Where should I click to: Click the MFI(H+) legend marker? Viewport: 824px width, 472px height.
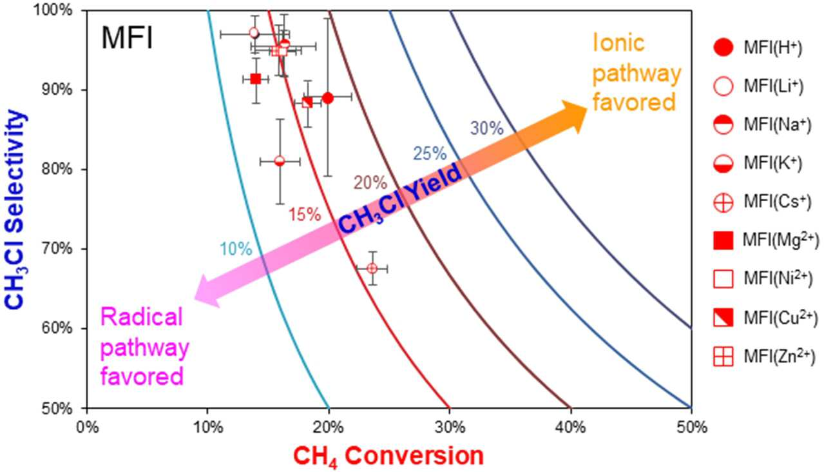click(723, 47)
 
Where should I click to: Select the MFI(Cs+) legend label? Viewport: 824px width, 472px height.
click(777, 202)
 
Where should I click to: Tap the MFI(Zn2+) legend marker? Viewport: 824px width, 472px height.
click(723, 357)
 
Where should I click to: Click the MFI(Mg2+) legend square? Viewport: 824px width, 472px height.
click(723, 241)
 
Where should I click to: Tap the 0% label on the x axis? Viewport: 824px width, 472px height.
click(87, 428)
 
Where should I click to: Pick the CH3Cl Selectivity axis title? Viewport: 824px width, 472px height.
click(15, 209)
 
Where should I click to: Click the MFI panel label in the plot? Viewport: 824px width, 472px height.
click(127, 38)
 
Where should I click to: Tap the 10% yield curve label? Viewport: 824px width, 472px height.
click(236, 250)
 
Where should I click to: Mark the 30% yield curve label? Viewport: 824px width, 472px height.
click(487, 128)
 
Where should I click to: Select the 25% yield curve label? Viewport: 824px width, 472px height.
click(430, 153)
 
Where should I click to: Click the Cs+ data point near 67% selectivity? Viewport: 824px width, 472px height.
click(372, 268)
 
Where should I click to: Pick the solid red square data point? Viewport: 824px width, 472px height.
click(256, 79)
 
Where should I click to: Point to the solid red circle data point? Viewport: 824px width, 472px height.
click(328, 98)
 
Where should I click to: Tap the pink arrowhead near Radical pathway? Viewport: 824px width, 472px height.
click(208, 291)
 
